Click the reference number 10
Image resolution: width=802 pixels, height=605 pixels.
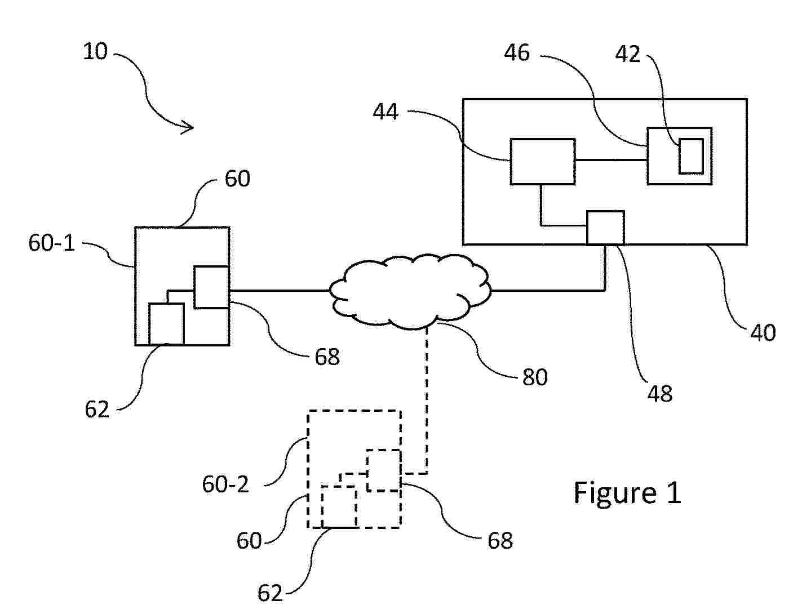[95, 52]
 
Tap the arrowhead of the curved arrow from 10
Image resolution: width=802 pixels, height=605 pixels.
[189, 128]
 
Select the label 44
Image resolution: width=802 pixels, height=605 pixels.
[386, 112]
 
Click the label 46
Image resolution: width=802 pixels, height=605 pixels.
[517, 54]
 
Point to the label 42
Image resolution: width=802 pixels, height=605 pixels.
[628, 54]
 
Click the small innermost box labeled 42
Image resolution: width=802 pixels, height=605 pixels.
[690, 156]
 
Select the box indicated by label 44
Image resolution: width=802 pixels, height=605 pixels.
[542, 162]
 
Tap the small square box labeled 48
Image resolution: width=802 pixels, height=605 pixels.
[605, 228]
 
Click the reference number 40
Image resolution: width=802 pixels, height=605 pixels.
[763, 332]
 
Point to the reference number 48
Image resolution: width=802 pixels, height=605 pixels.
[659, 393]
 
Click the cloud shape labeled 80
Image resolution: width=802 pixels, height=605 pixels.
[410, 292]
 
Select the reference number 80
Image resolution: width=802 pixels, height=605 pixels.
[535, 377]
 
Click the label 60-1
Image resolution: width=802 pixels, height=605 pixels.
[52, 243]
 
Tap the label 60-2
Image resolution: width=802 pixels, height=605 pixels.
[225, 484]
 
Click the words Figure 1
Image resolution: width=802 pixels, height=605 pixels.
[627, 493]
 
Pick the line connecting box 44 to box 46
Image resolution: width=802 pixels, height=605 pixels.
[610, 161]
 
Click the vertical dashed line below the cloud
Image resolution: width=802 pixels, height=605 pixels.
[427, 394]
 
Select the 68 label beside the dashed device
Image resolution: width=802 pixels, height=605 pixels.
[500, 541]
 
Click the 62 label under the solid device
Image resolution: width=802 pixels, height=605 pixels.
[96, 410]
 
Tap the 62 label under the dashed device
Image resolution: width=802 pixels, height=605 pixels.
[269, 593]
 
